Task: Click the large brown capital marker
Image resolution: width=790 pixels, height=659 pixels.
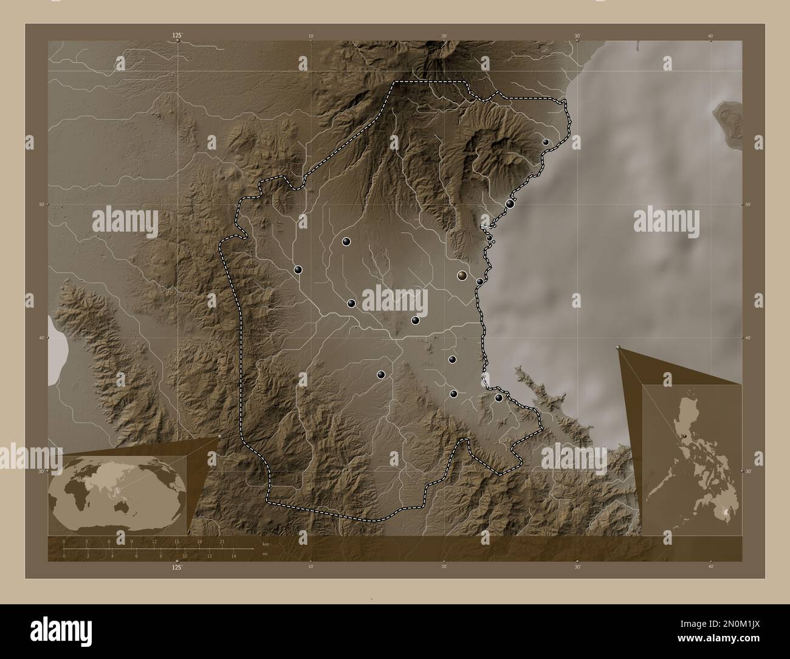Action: [462, 275]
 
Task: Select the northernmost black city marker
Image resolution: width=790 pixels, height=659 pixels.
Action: [546, 142]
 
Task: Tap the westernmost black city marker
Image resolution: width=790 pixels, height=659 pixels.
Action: [298, 270]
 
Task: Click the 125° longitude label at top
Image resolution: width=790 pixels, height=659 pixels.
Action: [177, 36]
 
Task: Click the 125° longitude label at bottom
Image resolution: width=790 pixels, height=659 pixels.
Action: [177, 567]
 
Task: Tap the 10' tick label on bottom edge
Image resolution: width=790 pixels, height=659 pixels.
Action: [311, 567]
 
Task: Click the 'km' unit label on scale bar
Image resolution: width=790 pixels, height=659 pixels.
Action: [265, 543]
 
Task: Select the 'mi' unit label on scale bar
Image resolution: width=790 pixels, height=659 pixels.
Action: [264, 554]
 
